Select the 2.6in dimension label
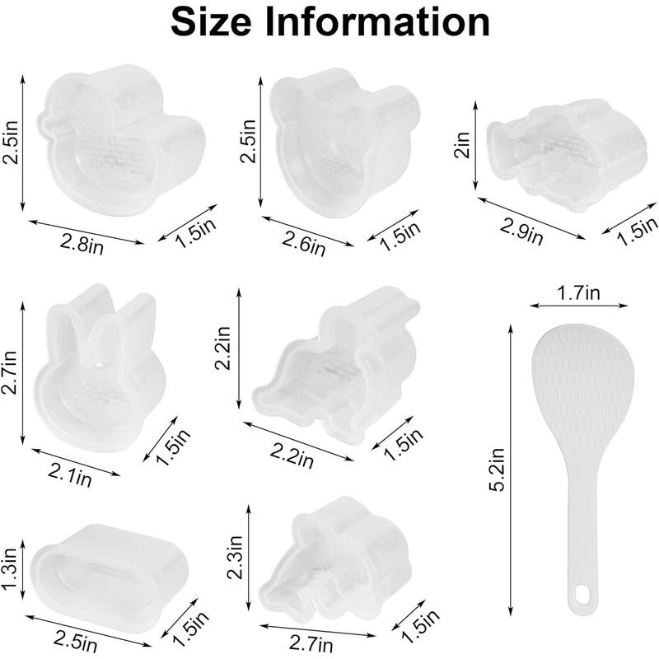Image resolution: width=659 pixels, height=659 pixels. pos(301,244)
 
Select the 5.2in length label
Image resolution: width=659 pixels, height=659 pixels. pos(496,470)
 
